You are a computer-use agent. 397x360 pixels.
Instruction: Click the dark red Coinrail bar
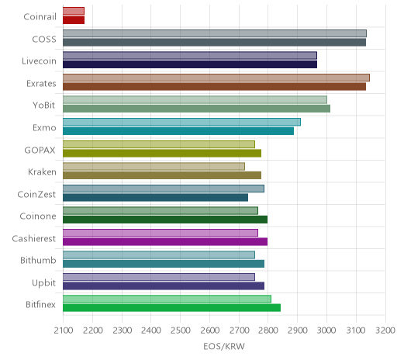(74, 20)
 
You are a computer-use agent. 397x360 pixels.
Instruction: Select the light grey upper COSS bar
(215, 33)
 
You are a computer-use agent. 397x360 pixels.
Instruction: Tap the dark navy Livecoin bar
(190, 64)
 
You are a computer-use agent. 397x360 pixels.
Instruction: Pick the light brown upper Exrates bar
(216, 78)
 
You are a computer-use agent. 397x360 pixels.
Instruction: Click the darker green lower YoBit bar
(196, 109)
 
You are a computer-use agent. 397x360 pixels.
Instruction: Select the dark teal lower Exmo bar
(178, 131)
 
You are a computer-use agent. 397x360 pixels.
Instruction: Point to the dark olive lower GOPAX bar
(162, 154)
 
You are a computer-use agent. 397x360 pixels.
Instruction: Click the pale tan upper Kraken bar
(154, 167)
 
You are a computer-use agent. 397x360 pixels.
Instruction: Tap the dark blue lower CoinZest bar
(155, 198)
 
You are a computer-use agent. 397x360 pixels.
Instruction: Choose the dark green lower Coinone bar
(165, 220)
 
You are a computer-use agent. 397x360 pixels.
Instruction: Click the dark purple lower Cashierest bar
(165, 242)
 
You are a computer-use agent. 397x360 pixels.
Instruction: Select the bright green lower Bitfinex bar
(171, 308)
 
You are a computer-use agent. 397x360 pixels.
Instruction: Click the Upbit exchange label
(43, 283)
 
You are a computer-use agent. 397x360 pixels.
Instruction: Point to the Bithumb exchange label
(38, 260)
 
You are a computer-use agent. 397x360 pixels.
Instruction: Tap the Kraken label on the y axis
(42, 172)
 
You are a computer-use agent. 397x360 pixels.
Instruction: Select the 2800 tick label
(268, 331)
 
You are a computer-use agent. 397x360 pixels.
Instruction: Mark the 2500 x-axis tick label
(181, 331)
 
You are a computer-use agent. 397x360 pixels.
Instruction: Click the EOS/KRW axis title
(224, 347)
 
